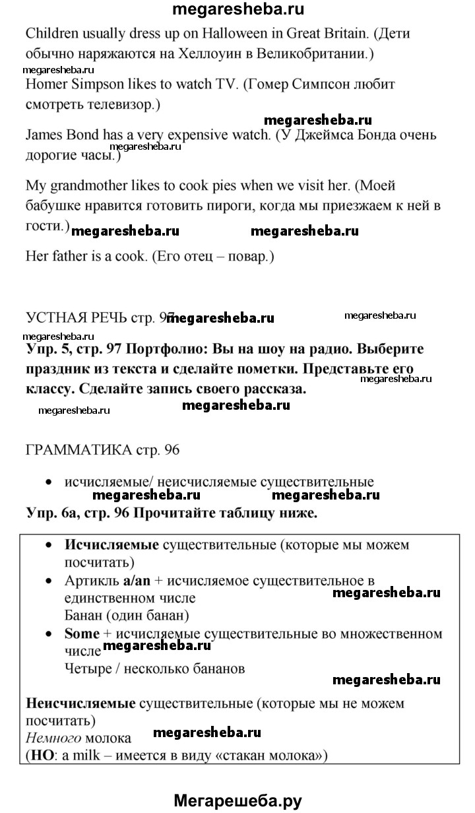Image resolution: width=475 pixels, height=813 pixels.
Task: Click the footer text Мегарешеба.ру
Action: click(237, 800)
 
